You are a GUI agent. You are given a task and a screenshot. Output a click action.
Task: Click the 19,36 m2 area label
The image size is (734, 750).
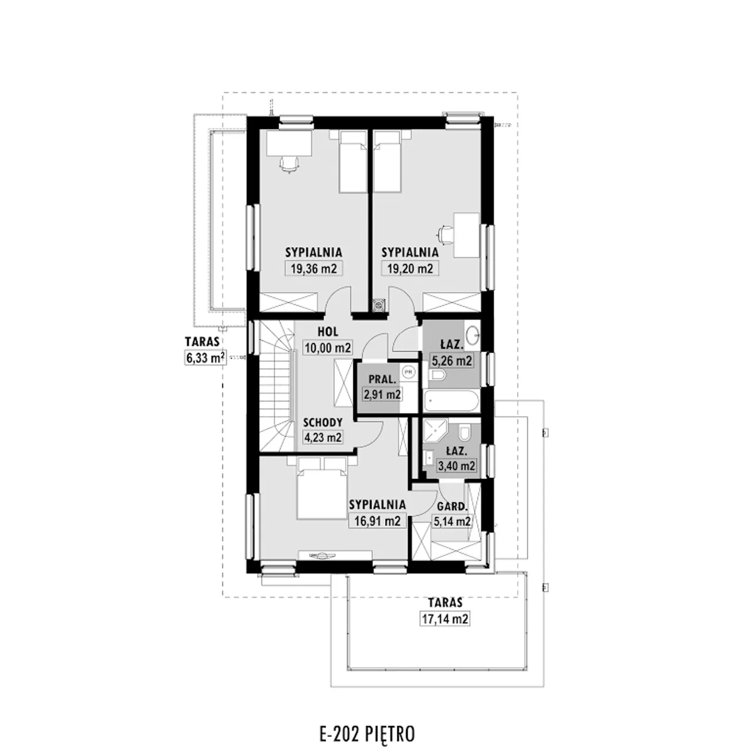coord(314,268)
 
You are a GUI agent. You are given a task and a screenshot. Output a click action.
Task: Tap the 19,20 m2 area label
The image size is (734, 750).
coord(410,268)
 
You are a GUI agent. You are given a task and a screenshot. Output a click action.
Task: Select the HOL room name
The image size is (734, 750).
coord(328,331)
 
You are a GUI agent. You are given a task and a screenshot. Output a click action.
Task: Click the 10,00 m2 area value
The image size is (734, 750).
coord(328,348)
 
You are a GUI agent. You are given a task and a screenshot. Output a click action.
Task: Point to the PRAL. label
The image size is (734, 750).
coord(382,379)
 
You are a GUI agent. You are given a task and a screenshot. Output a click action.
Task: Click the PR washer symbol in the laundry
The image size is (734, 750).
coord(408,372)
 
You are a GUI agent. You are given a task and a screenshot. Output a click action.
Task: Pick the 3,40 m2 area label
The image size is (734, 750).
coord(456,466)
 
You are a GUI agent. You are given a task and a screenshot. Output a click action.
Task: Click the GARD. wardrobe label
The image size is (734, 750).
coord(452,506)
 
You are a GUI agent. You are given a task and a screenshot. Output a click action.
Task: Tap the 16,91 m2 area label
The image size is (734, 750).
coord(377,521)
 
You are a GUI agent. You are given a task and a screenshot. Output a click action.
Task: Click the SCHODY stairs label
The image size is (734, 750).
coord(323,422)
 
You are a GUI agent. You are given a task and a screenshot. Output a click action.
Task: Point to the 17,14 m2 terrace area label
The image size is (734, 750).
coord(445,619)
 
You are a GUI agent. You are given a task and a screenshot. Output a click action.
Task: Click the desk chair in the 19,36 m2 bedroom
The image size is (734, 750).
coord(289,164)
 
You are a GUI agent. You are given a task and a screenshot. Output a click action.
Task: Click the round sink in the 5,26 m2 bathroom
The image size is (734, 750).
coord(473,335)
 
